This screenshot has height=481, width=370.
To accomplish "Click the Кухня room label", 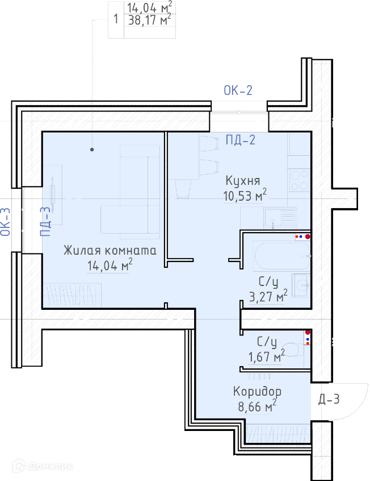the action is click(243, 181).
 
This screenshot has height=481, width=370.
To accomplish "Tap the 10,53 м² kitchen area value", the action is click(245, 196).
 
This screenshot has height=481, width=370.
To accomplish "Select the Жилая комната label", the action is click(110, 250).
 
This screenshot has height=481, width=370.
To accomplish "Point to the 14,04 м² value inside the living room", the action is click(110, 265).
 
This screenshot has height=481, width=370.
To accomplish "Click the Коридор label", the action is click(257, 392).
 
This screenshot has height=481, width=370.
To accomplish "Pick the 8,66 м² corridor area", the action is click(257, 406).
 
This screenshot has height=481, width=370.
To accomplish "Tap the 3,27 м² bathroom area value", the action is click(268, 296).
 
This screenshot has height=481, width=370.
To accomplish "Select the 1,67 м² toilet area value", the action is click(266, 356).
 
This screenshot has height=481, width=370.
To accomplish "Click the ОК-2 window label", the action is click(238, 90).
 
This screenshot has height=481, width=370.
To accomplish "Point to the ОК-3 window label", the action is click(6, 222).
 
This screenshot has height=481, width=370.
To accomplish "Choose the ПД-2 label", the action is click(241, 140).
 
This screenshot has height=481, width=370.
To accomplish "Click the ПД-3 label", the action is click(45, 221).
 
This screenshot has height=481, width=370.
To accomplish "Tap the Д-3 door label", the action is click(329, 399).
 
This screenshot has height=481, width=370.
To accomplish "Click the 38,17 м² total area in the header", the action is click(149, 20).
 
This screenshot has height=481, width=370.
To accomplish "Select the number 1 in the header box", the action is click(115, 19).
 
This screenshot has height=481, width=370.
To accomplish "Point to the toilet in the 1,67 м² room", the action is click(292, 349).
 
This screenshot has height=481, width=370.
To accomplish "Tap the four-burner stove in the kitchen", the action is click(299, 180).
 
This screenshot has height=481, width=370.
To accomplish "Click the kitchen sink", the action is click(280, 217).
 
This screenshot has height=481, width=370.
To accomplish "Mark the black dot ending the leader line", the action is click(92, 150).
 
